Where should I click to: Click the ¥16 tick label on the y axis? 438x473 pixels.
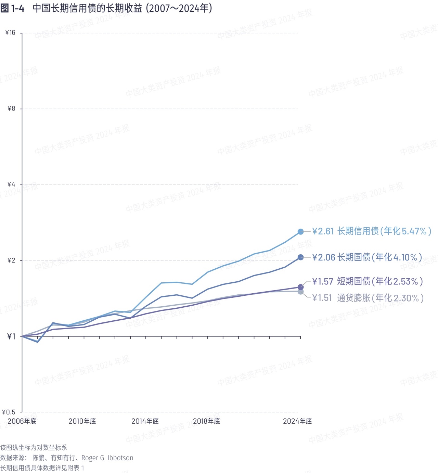(11, 33)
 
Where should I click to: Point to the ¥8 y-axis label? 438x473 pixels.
(12, 109)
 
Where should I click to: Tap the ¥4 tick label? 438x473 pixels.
(12, 184)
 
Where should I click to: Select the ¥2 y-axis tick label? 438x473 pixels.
(12, 260)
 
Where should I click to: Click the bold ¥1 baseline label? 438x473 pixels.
(12, 336)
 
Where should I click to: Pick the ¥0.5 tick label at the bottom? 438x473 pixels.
(9, 412)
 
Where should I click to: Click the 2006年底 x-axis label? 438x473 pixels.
(22, 421)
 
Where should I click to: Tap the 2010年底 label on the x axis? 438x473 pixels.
(82, 421)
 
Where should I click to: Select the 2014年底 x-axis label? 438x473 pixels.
(145, 421)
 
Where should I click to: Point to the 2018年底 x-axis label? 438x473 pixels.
(206, 421)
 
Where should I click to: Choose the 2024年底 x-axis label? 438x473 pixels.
(297, 421)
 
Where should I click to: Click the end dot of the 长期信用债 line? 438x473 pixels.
(300, 232)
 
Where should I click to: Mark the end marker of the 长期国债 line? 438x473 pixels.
(300, 257)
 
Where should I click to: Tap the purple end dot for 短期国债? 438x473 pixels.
(300, 287)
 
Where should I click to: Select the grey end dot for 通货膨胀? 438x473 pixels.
(300, 292)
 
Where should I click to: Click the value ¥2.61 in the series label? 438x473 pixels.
(323, 232)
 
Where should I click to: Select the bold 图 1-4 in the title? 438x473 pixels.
(12, 9)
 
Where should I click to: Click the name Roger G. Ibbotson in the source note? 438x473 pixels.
(107, 458)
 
